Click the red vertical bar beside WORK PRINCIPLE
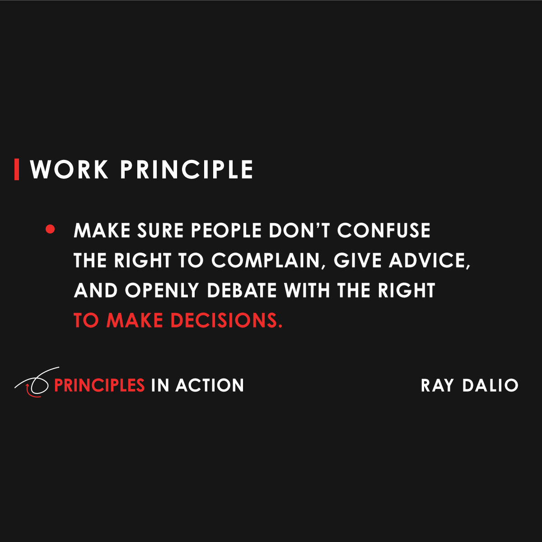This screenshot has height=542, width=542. (17, 169)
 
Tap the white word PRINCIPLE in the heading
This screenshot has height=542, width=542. (187, 170)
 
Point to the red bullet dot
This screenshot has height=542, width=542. (50, 230)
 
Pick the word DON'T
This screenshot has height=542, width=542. (299, 231)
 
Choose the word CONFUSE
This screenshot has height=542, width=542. (384, 231)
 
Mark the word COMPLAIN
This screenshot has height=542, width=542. (265, 261)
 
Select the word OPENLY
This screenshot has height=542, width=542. (162, 290)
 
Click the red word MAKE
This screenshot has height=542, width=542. (135, 321)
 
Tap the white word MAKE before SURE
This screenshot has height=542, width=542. (103, 231)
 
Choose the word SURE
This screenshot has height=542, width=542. (160, 231)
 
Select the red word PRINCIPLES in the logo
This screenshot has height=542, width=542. (99, 385)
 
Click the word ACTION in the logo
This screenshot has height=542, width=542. (210, 385)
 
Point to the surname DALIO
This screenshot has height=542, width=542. (491, 386)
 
